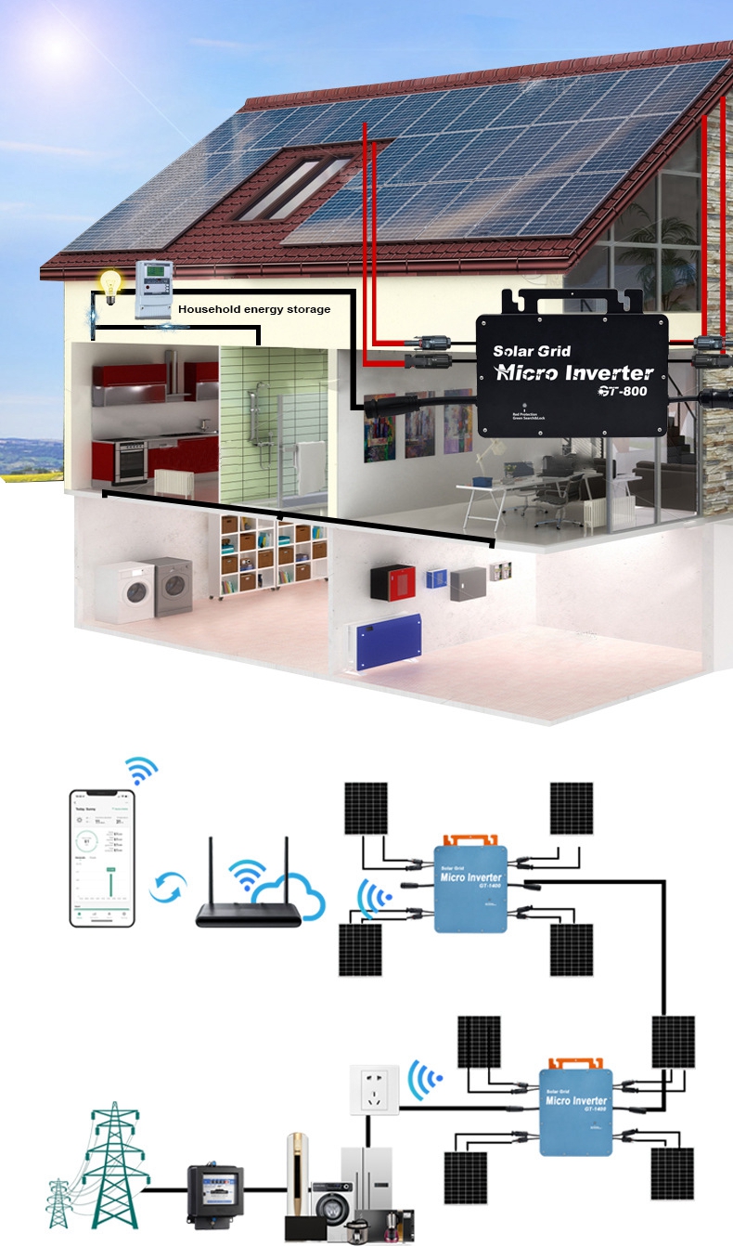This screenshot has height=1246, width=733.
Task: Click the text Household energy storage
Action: (x=254, y=309)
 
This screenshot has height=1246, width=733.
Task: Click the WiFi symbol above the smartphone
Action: (x=143, y=770)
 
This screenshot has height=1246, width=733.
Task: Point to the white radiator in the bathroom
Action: (x=172, y=483)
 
